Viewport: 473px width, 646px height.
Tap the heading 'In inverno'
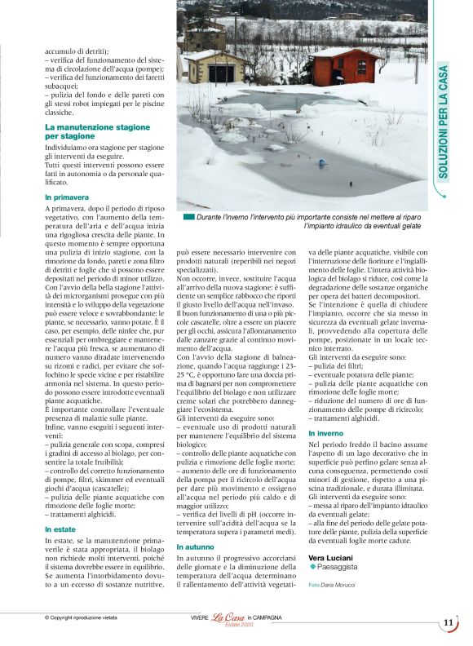(x=325, y=432)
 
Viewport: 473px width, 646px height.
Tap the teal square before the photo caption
(x=188, y=217)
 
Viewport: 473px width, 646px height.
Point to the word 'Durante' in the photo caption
(x=212, y=217)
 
